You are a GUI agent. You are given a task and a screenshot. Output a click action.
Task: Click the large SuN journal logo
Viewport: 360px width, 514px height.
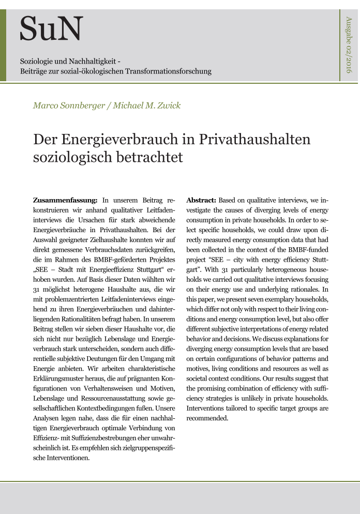pos(51,29)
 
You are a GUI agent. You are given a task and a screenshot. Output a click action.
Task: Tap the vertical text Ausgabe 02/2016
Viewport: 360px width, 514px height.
pos(348,44)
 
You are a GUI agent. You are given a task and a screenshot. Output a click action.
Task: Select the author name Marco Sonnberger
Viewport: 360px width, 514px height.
pos(65,106)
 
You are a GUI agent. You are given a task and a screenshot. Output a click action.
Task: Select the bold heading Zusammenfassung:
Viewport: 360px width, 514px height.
pos(65,200)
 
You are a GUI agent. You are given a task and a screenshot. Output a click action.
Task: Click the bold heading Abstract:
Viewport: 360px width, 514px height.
pos(201,200)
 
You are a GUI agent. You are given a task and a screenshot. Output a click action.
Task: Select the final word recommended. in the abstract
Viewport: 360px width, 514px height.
pos(207,418)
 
